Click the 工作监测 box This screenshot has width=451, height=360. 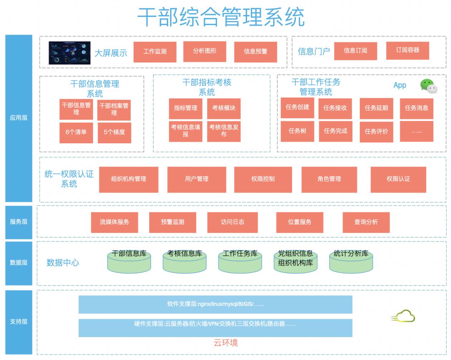pos(155,52)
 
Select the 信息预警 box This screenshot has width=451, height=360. pos(255,52)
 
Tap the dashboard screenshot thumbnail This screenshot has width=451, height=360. pos(69,53)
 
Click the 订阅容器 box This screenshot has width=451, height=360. pos(407,50)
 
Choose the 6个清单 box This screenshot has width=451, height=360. pos(76,132)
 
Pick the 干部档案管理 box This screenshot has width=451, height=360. pos(114,109)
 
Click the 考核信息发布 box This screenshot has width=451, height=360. pos(224,131)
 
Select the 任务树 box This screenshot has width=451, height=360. pos(297,131)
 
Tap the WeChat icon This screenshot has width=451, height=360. pos(428,86)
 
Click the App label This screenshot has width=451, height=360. pos(400,85)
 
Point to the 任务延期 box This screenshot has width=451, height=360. pos(376,108)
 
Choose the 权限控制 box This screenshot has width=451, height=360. pos(263,179)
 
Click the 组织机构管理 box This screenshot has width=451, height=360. pos(128,179)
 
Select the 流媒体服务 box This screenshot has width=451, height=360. pos(114,222)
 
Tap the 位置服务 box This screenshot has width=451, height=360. pos(300,222)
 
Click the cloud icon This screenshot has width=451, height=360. pos(403,317)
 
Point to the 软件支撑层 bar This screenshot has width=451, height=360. pos(215,304)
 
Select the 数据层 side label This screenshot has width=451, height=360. pos(19,263)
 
